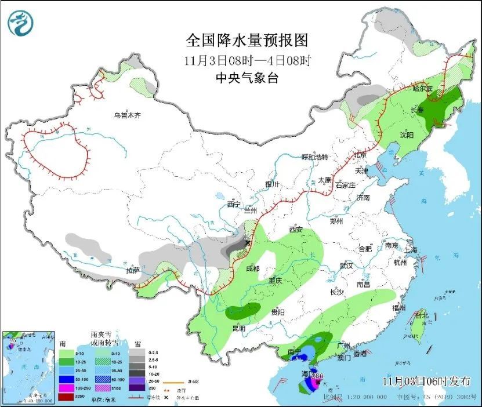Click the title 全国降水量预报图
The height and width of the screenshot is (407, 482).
246,40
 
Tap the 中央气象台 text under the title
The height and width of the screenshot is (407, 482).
247,78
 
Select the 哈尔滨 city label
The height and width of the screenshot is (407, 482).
422,89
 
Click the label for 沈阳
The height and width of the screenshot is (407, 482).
407,135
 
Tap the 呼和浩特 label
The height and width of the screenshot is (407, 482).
314,157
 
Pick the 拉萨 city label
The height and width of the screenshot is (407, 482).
133,270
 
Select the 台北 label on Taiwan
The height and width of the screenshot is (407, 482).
422,315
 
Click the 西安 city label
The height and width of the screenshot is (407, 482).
296,230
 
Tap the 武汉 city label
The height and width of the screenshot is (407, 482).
346,265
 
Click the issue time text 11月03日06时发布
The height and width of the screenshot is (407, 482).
427,381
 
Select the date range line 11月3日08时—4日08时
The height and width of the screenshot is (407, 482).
247,60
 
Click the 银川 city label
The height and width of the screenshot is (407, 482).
272,184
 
